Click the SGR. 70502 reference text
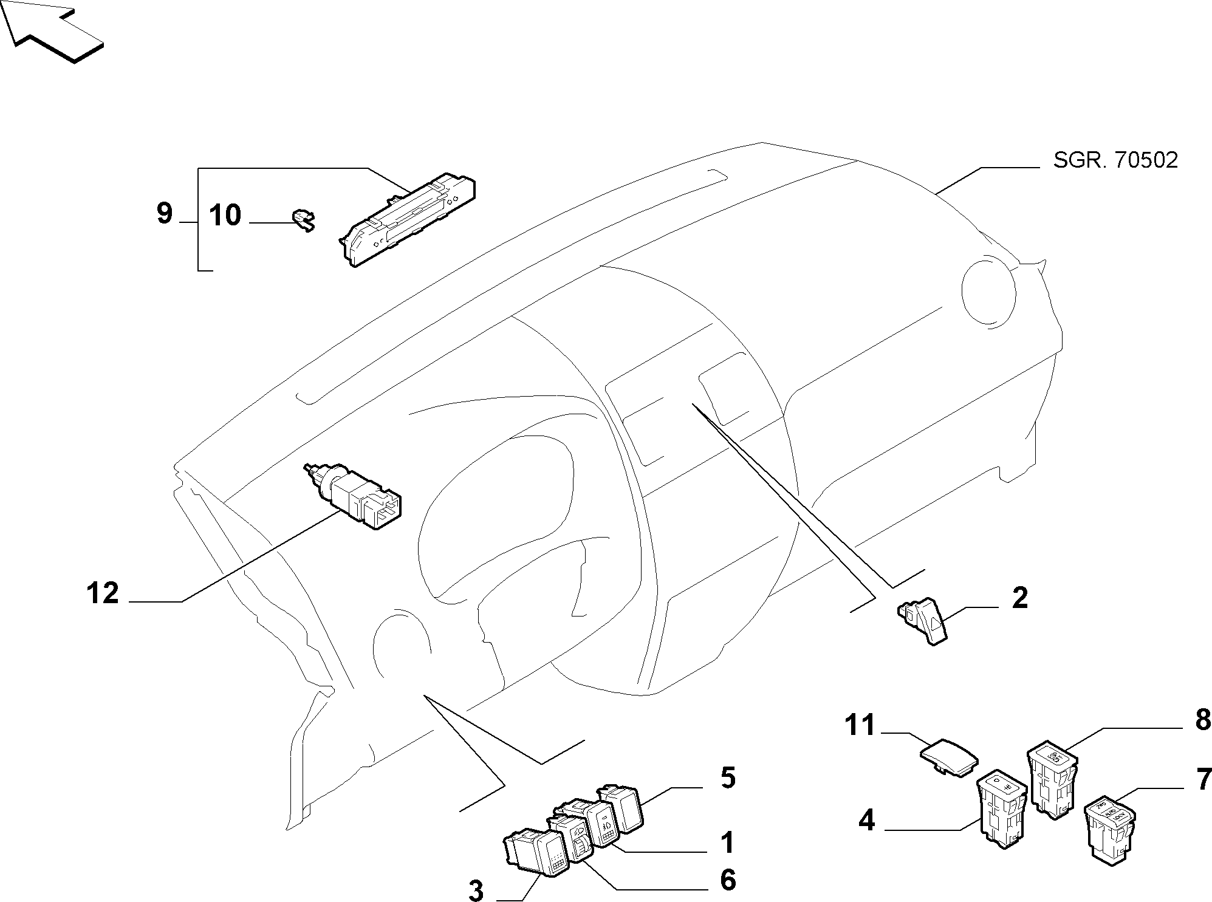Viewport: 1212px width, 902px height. [x=1115, y=160]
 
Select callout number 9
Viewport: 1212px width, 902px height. [x=165, y=214]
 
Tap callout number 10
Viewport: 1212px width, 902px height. [x=225, y=216]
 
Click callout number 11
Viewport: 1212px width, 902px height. [x=860, y=725]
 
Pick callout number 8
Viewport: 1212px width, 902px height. [x=1202, y=720]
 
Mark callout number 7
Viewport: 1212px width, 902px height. [x=1203, y=779]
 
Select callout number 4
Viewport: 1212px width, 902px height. [x=867, y=821]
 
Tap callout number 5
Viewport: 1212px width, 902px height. [x=727, y=778]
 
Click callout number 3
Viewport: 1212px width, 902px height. [x=476, y=891]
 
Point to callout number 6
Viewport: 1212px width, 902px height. [x=728, y=880]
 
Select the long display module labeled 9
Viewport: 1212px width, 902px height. [x=407, y=220]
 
